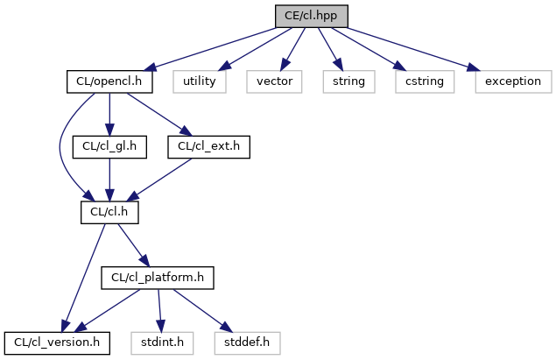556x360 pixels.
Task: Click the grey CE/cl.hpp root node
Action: pos(312,16)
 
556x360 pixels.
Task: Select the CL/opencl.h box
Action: pos(109,81)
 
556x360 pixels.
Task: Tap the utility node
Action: pos(200,81)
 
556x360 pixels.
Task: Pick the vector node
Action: pos(274,81)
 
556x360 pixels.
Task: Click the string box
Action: pos(348,81)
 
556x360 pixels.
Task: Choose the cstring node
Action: pos(425,81)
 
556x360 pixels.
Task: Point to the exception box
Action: pos(513,81)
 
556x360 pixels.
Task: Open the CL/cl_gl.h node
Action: pos(109,147)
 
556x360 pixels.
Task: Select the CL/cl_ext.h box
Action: pos(209,147)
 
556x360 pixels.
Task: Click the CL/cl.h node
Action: pos(109,213)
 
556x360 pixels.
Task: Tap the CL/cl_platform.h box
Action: pos(158,278)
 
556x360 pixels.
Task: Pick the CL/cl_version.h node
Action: pos(57,343)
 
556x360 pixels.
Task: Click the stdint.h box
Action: pos(162,343)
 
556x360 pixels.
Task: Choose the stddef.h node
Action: pos(247,343)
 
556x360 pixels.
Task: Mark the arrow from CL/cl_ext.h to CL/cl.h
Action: pos(159,180)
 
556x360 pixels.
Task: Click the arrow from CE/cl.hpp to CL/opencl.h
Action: pos(211,49)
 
